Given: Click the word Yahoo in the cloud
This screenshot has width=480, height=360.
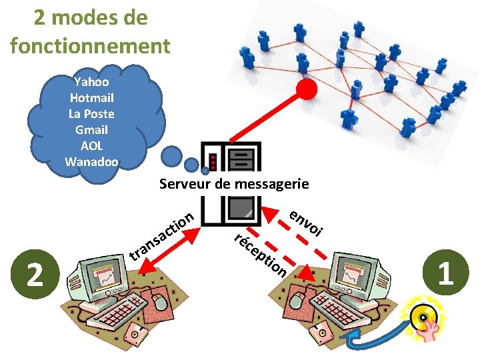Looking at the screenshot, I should coord(91,82).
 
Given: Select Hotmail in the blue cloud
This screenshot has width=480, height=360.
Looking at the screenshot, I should coord(91,98).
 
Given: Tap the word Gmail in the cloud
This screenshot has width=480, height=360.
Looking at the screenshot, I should coord(91,130).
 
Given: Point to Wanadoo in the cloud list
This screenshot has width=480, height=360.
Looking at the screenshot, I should coord(91,162).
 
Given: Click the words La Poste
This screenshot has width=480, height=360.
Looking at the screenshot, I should coord(91,114).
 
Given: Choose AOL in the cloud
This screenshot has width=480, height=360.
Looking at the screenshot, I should coord(91,146).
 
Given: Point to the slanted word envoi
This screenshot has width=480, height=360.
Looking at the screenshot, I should coord(307,223).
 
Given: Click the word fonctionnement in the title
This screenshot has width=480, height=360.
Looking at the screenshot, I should coord(91,46).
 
